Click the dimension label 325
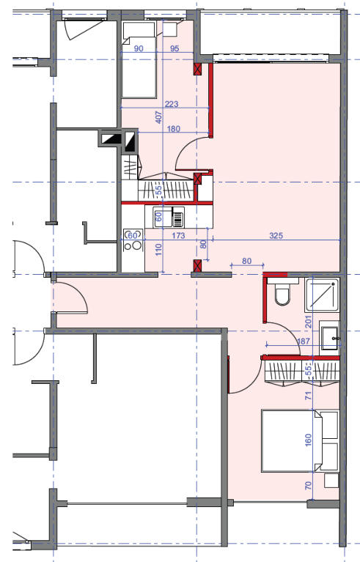click(276, 235)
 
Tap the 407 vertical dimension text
click(159, 117)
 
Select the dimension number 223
click(172, 104)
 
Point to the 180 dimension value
click(174, 129)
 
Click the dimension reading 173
click(178, 235)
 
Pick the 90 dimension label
click(139, 48)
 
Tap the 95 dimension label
click(175, 48)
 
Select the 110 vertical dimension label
click(159, 249)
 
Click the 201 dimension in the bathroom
click(308, 322)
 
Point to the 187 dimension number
click(304, 341)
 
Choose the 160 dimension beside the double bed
click(308, 440)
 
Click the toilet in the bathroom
click(282, 292)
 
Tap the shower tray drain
click(333, 284)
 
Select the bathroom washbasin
click(329, 338)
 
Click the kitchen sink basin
click(163, 217)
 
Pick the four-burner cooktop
click(133, 240)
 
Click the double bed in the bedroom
click(300, 440)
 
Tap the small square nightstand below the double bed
click(331, 480)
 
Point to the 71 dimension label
click(308, 396)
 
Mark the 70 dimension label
click(308, 486)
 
